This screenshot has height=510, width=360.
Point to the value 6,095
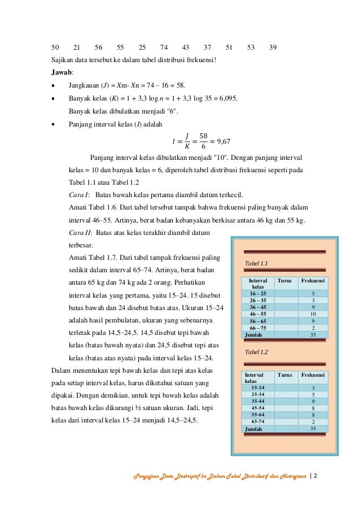point(227,98)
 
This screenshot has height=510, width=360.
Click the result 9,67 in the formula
point(226,140)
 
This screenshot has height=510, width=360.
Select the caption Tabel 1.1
point(256,264)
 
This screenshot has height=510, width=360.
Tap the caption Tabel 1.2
point(256,352)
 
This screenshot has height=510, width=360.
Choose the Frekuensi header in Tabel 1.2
point(313,374)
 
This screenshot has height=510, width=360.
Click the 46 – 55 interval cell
point(258,313)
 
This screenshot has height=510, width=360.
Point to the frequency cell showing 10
point(313,313)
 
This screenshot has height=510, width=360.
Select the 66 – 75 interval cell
point(258,328)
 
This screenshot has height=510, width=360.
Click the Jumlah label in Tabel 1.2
point(253,429)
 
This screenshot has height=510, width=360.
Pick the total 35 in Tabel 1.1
point(313,335)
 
